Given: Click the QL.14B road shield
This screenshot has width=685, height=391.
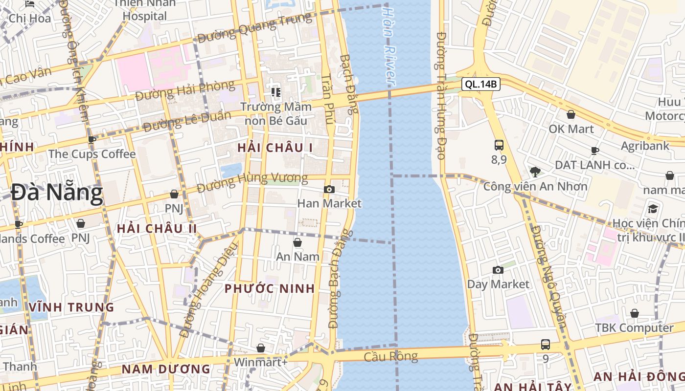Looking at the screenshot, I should coord(480,84).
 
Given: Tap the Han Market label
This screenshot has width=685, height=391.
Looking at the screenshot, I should coord(329,203).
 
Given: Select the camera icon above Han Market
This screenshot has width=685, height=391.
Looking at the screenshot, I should coord(329,189).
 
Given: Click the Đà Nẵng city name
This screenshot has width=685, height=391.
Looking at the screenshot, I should coord(57,193).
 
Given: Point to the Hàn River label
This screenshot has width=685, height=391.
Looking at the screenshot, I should coord(388,46).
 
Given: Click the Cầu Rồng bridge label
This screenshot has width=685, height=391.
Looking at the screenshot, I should coord(391,356).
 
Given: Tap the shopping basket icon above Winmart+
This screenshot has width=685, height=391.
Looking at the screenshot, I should coord(261,348).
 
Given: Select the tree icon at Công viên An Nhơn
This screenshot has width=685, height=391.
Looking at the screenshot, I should coord(535,172).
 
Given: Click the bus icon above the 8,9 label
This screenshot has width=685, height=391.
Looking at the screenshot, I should coord(499,145).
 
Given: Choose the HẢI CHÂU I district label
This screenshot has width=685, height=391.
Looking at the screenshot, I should coord(275,148).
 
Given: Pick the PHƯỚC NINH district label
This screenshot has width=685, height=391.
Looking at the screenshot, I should coord(270,288).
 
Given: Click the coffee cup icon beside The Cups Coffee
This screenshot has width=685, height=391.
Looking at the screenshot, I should coord(91,140).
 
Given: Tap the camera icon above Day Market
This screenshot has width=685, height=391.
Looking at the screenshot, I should coord(498,270).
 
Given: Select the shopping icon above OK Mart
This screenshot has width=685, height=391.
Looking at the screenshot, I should coord(571,115).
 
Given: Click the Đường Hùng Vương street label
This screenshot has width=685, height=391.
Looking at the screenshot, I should coord(252,182).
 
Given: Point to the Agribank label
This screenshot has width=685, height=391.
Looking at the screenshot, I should coord(645,146).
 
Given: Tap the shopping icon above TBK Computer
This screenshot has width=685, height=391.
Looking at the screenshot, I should coord(635,313).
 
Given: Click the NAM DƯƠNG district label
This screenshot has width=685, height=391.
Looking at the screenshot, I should coord(166,369).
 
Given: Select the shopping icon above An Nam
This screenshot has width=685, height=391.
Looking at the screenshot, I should coord(297,242).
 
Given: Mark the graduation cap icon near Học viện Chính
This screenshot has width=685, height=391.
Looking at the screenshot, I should coord(653,209).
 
